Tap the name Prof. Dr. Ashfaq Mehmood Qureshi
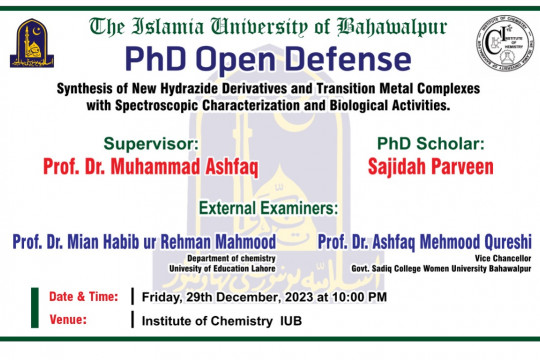click(424, 241)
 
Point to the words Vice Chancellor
click(505, 257)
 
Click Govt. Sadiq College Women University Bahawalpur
click(447, 267)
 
